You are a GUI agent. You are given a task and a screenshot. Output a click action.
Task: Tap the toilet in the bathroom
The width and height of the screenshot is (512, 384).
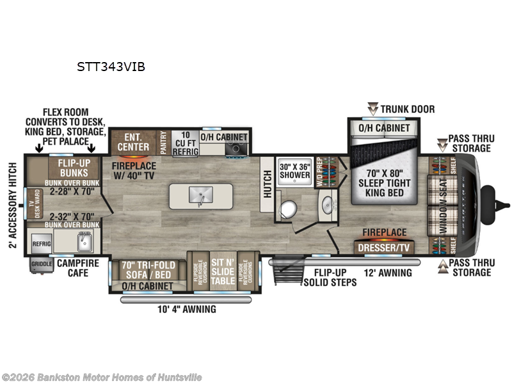pos(288,208)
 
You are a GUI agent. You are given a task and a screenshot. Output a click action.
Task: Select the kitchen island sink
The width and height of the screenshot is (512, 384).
pos(201,195)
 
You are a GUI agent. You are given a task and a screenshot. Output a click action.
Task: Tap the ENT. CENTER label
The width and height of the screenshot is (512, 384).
pos(132,140)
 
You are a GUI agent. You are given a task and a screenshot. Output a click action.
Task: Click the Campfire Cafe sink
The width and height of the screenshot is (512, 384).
pos(83,242)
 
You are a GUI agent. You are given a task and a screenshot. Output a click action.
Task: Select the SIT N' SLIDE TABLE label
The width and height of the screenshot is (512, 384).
pos(223,271)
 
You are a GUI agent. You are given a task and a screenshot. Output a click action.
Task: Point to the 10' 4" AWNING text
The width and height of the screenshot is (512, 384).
pos(186,309)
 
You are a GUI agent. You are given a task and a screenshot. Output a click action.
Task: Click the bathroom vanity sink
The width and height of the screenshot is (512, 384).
pos(328,206)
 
